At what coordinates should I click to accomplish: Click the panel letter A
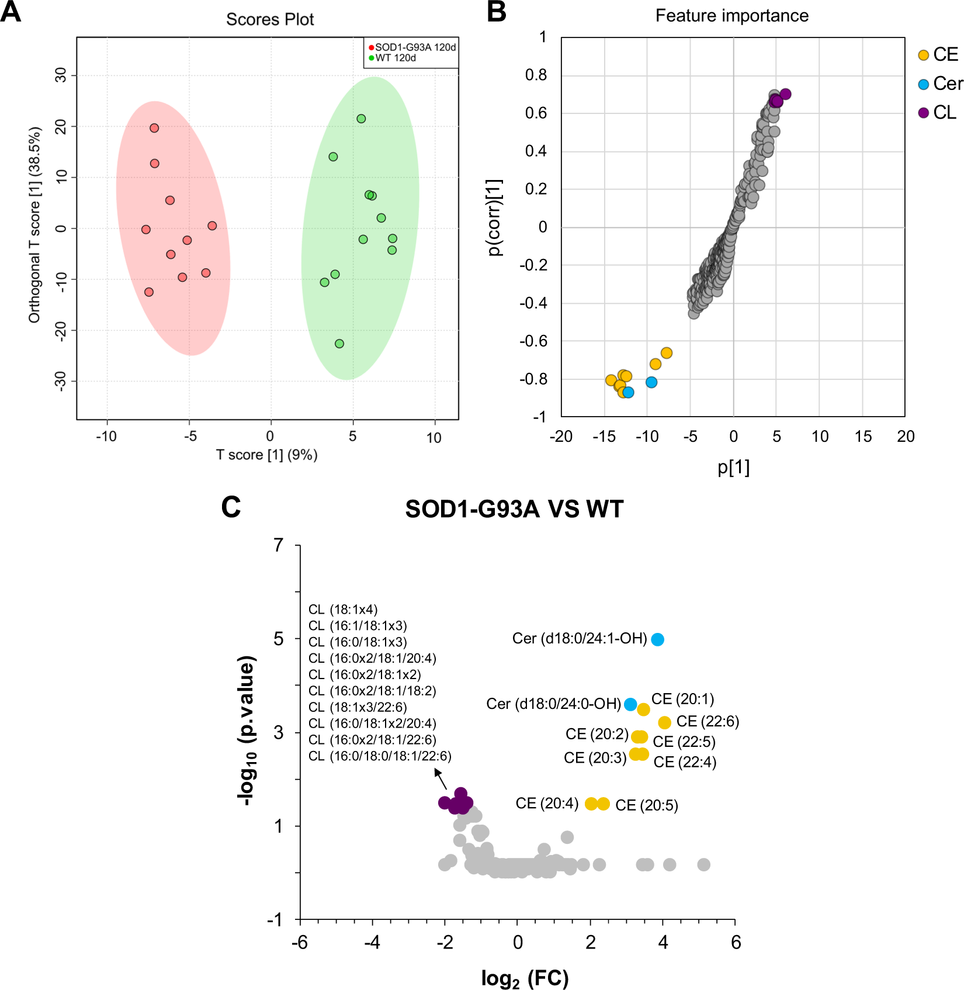click(x=11, y=12)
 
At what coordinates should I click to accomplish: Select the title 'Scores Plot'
click(x=269, y=20)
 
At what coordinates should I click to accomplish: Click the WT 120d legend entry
click(x=395, y=58)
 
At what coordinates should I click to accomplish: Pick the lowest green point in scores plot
click(x=339, y=344)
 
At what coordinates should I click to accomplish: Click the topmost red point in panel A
click(x=154, y=128)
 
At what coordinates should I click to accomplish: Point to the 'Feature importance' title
click(x=731, y=16)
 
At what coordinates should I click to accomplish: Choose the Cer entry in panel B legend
click(x=946, y=84)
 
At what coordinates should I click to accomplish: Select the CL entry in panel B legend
click(x=944, y=113)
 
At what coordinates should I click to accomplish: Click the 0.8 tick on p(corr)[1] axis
click(x=536, y=75)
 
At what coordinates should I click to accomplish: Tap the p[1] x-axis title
click(x=733, y=468)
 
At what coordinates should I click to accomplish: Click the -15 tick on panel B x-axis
click(x=604, y=437)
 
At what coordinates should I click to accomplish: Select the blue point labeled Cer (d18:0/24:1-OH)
click(x=657, y=639)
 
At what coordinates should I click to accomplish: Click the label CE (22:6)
click(x=708, y=722)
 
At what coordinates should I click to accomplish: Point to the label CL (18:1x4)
click(x=343, y=610)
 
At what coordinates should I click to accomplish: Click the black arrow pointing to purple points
click(x=441, y=780)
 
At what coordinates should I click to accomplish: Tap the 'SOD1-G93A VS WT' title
click(x=514, y=509)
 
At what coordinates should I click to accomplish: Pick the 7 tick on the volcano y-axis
click(x=279, y=545)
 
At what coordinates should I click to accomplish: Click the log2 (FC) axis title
click(x=525, y=978)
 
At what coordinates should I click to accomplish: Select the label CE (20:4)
click(x=547, y=804)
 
